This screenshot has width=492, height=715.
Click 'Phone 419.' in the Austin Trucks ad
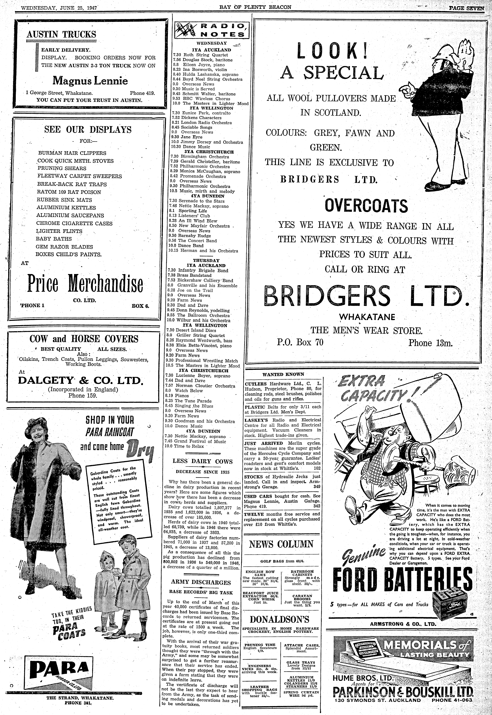(142, 92)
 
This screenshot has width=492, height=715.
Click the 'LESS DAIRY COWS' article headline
(203, 461)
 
